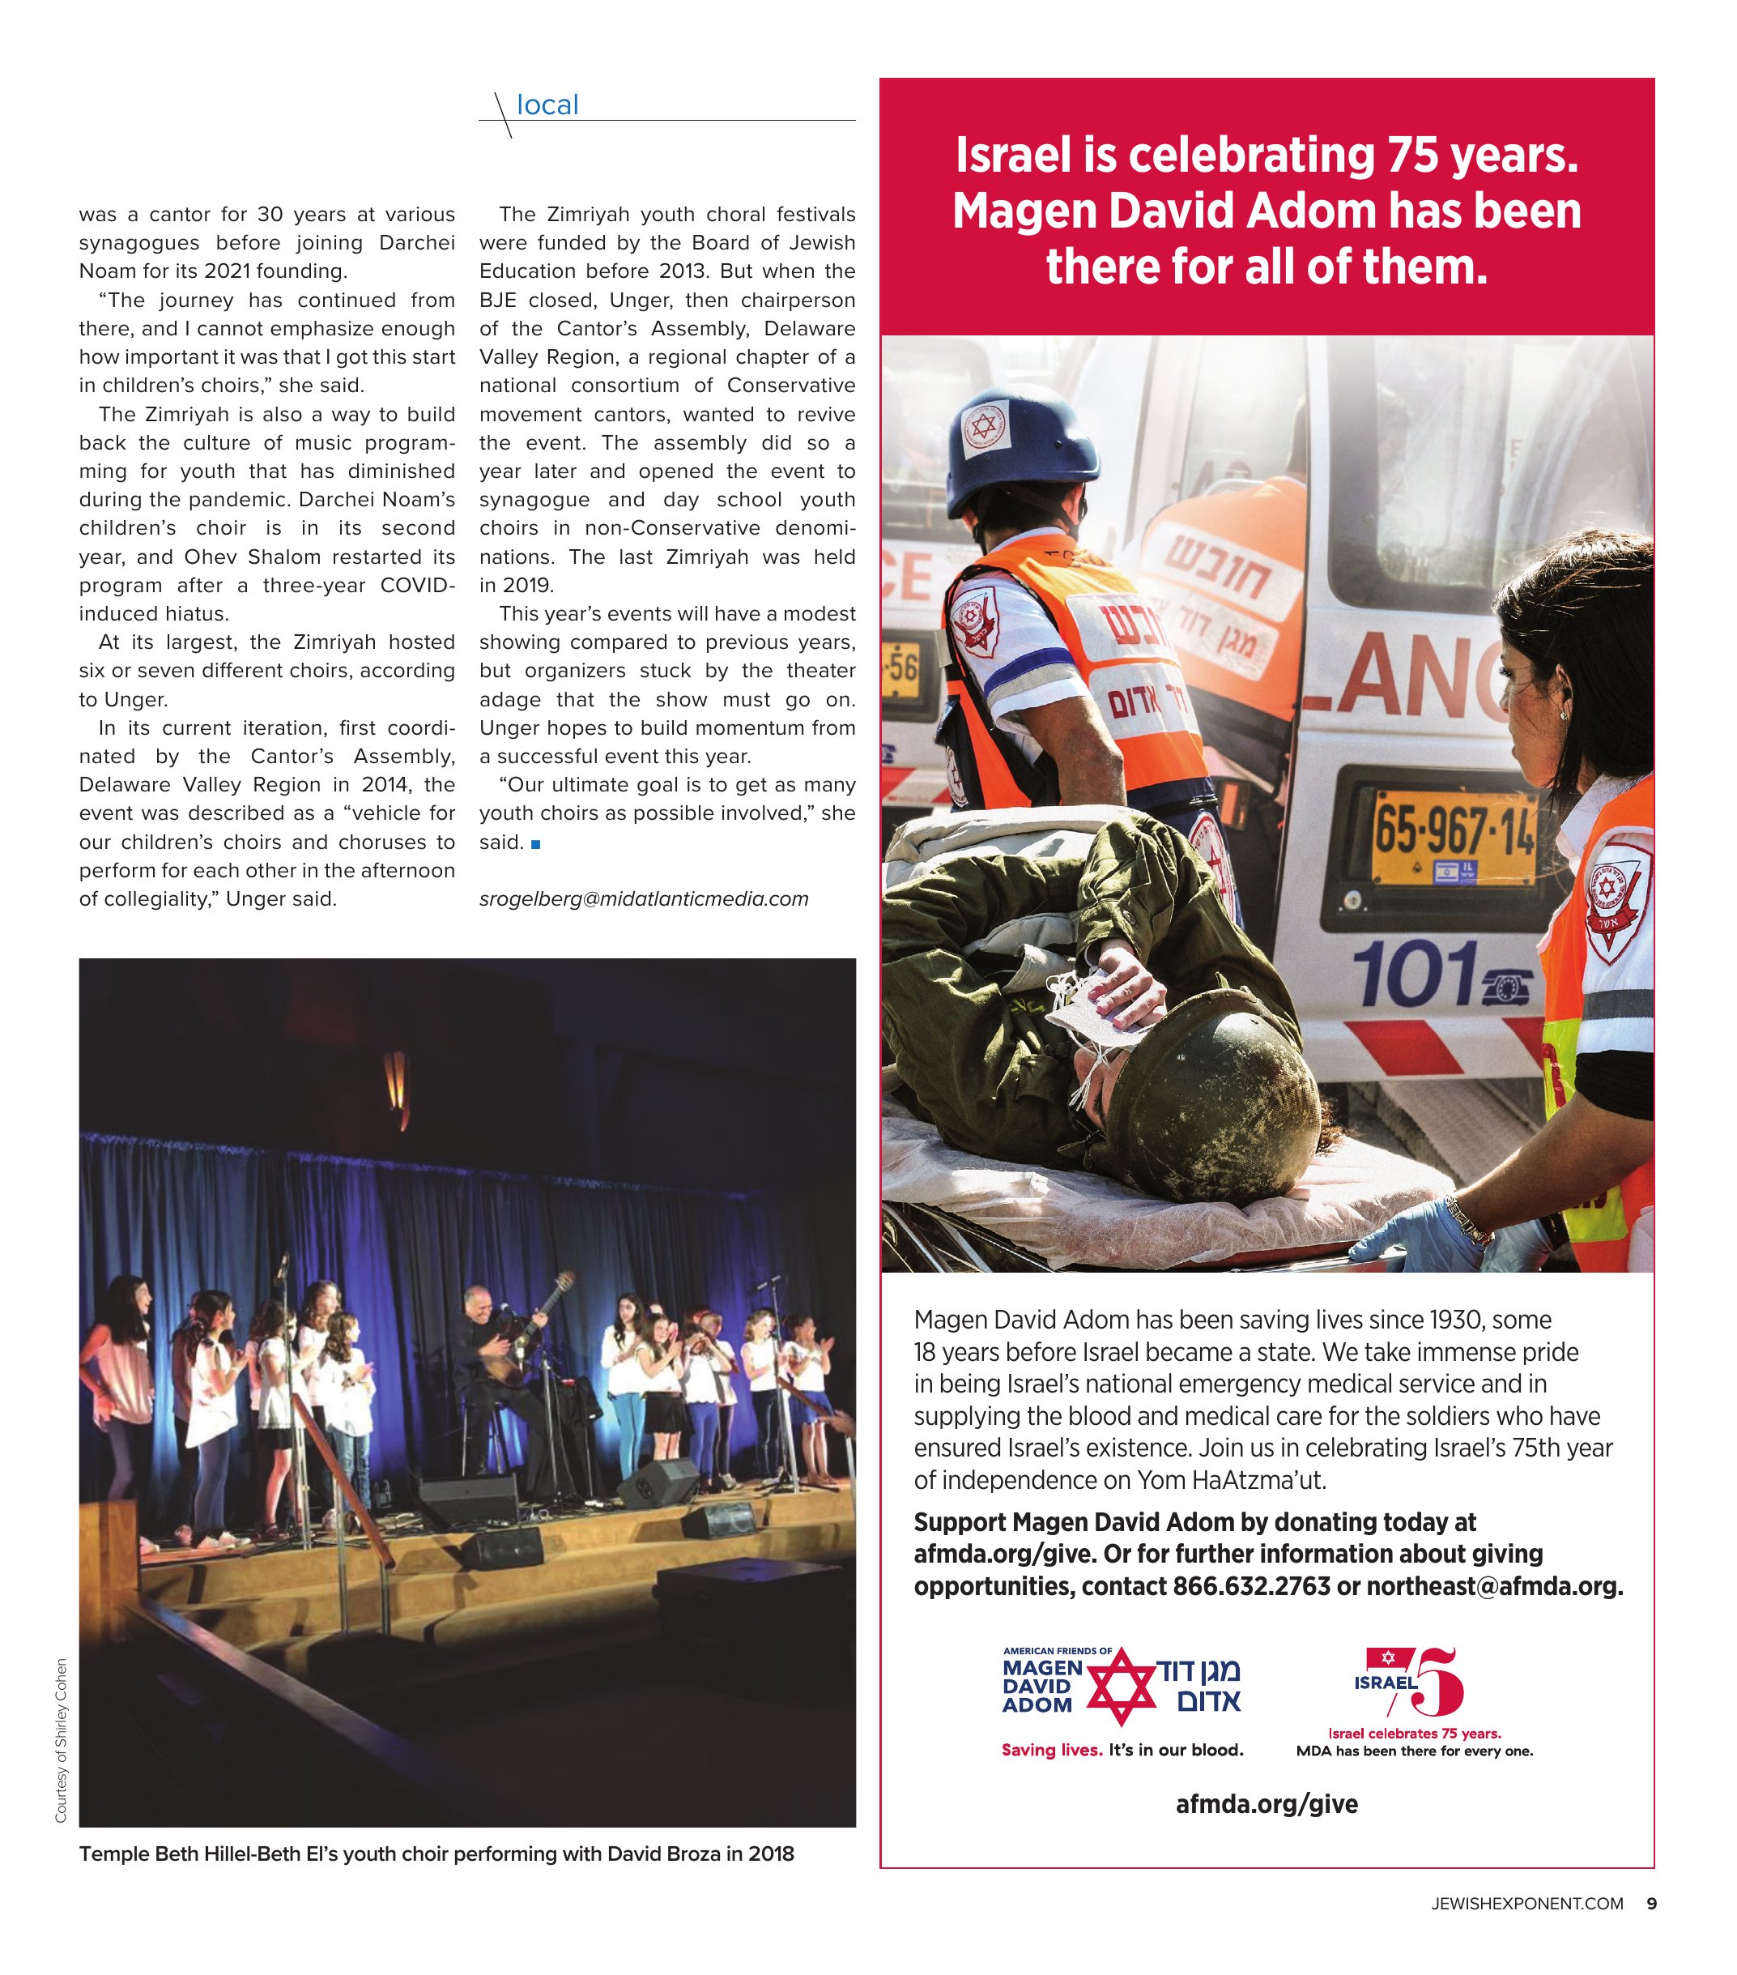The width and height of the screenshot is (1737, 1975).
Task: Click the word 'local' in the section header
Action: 547,105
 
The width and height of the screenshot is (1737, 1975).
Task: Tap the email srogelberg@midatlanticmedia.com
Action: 644,898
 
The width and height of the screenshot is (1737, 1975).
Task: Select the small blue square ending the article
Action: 536,843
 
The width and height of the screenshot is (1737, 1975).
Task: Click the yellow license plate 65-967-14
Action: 1453,836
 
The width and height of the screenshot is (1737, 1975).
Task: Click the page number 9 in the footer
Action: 1651,1904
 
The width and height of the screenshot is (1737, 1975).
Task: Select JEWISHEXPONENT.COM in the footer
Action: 1526,1904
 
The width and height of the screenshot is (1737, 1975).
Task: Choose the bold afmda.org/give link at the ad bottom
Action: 1267,1804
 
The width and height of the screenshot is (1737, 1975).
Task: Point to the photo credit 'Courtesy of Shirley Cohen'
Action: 61,1740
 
